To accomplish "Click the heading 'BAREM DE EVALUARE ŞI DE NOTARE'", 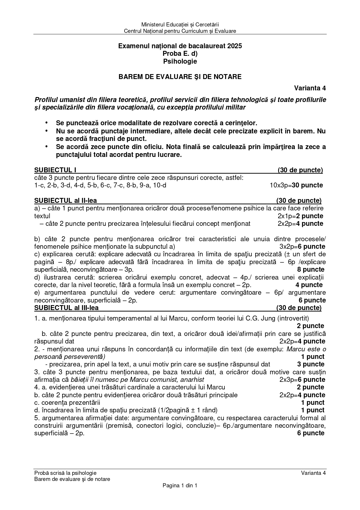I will pos(180,77).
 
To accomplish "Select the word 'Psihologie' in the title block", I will pos(180,61).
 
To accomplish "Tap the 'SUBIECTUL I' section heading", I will pos(55,170).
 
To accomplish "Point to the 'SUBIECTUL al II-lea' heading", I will pos(65,201).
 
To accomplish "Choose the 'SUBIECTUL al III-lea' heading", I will pos(66,308).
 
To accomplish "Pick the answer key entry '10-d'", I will pos(159,185).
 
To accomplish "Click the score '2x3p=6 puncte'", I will pos(302,380).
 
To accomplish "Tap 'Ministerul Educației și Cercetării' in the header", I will pos(180,24).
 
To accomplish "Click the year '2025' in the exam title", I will pos(235,46).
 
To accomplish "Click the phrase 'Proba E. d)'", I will pos(180,54).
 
